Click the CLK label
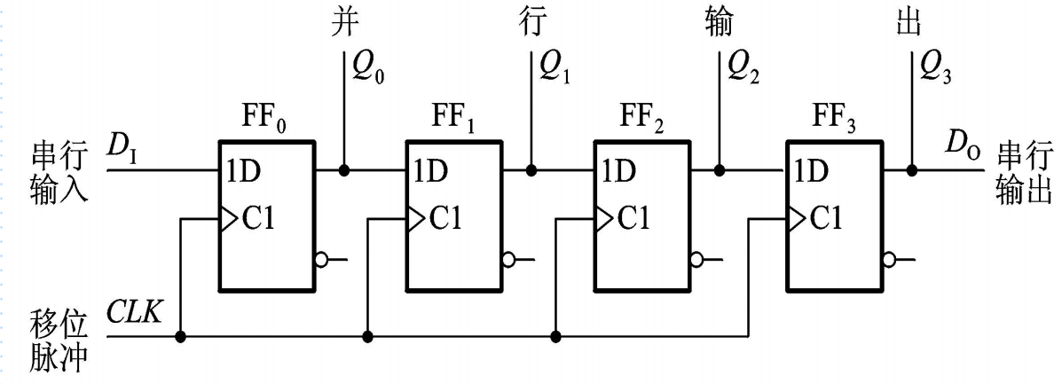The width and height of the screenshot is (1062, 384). (x=135, y=313)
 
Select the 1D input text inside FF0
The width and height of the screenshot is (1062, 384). (x=242, y=171)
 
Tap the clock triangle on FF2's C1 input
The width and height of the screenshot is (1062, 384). (x=603, y=217)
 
